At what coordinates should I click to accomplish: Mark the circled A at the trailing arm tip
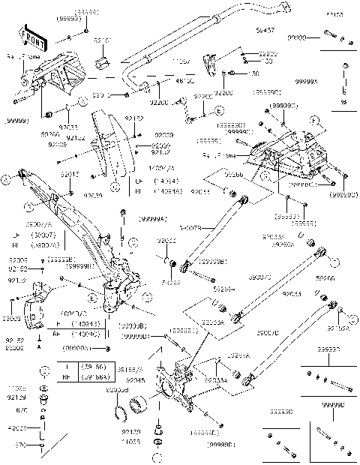tap(7, 178)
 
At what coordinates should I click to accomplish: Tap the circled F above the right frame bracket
tap(313, 119)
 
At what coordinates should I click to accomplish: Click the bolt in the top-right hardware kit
tap(333, 35)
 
